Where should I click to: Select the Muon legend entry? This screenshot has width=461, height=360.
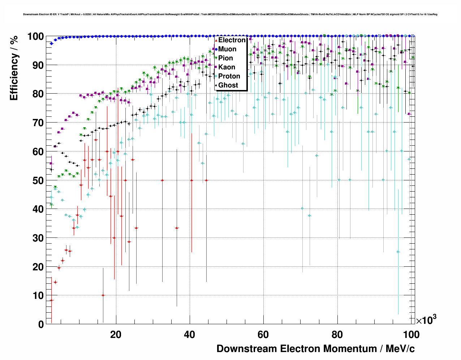[x=227, y=49]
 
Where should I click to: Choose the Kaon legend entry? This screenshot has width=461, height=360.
[x=227, y=67]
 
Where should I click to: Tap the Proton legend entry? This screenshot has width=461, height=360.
[x=229, y=76]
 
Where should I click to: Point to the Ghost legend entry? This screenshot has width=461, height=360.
[x=228, y=85]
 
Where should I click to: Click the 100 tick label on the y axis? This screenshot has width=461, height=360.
[x=36, y=37]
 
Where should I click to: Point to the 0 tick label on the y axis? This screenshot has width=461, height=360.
[x=41, y=325]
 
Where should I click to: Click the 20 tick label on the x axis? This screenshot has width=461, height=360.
[x=116, y=335]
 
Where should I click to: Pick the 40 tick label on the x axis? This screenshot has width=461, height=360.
[x=189, y=335]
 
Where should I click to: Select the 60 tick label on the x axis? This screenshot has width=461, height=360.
[x=263, y=335]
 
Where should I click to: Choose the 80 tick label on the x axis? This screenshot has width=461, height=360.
[x=337, y=335]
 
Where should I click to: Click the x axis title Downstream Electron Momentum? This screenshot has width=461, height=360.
[x=315, y=349]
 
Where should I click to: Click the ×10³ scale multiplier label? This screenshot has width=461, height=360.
[x=426, y=320]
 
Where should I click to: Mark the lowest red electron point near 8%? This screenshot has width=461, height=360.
[x=51, y=300]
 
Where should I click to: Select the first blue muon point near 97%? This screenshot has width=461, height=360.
[x=51, y=43]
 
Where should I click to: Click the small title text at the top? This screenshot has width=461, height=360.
[x=230, y=14]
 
